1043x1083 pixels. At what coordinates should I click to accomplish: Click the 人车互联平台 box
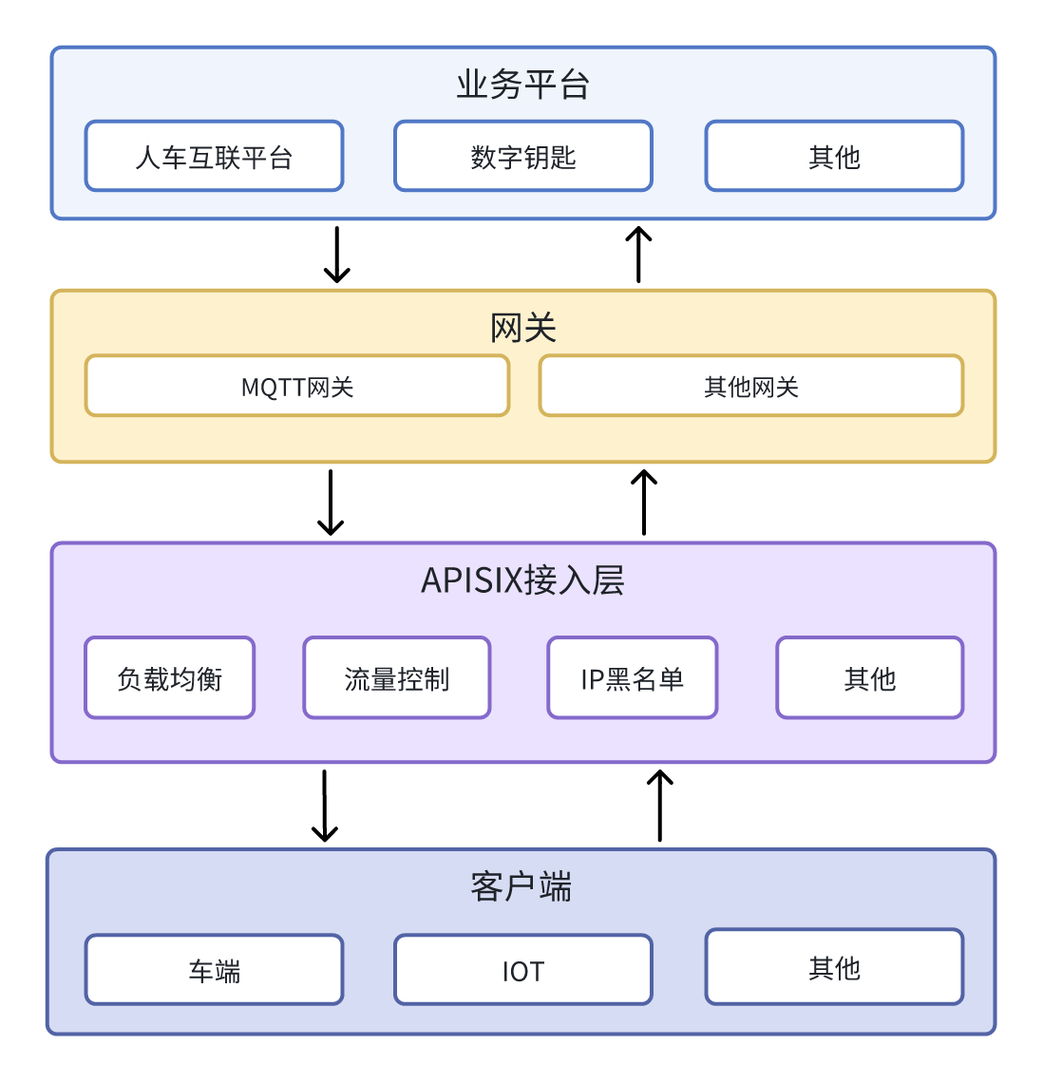[x=214, y=156]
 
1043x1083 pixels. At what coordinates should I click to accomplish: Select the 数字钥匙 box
[x=523, y=156]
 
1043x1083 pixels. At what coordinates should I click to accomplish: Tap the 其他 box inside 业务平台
[x=834, y=156]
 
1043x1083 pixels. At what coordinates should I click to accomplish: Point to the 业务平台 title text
[x=523, y=85]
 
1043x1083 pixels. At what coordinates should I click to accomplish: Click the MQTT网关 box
[x=297, y=387]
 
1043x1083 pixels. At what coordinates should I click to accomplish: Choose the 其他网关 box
[x=751, y=387]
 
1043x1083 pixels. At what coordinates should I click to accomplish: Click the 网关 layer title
[x=523, y=328]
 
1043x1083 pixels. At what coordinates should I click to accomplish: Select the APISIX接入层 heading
[x=523, y=579]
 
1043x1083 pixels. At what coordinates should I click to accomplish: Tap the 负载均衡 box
[x=170, y=678]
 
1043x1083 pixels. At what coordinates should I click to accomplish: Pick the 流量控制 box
[x=397, y=678]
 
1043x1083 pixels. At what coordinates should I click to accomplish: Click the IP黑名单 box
[x=633, y=678]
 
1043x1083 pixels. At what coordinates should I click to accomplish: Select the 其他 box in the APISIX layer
[x=870, y=678]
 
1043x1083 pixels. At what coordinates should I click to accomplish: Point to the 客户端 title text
[x=521, y=886]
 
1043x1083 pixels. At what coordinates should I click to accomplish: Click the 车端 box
[x=214, y=970]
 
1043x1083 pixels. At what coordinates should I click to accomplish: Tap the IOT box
[x=523, y=970]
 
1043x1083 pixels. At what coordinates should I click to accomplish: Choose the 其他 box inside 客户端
[x=834, y=967]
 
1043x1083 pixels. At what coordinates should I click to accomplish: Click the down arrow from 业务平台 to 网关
[x=337, y=255]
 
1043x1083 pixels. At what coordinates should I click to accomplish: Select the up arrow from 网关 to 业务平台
[x=638, y=255]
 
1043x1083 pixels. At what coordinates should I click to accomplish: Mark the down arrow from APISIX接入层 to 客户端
[x=325, y=806]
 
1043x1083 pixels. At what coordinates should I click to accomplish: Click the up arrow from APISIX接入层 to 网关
[x=644, y=503]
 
